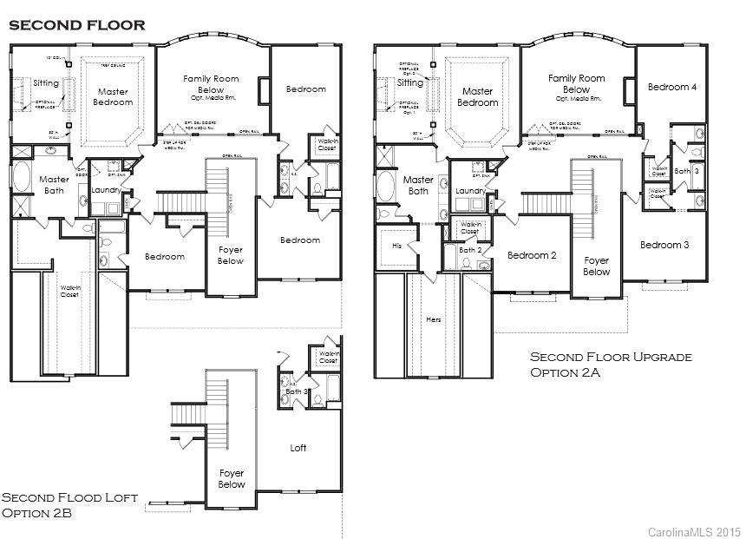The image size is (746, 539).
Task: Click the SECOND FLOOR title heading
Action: [76, 25]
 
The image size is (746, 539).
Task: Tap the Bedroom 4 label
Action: [671, 87]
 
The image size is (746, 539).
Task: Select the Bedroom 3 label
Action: [664, 245]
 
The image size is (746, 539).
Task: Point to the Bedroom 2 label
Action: [532, 255]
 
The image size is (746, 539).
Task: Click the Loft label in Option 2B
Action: [298, 448]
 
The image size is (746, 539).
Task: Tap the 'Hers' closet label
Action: [434, 319]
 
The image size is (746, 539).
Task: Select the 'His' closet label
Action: [396, 246]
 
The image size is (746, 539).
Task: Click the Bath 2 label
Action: [470, 250]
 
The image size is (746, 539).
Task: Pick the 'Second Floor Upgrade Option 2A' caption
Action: [611, 365]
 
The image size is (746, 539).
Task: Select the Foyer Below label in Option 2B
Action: [232, 479]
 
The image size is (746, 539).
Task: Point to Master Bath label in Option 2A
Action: [418, 185]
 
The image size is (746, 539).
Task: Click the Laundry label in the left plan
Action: [105, 189]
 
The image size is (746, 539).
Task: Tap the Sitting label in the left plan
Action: [46, 83]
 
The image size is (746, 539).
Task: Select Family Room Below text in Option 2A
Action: [576, 84]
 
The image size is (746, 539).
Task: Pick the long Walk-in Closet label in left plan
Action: [70, 291]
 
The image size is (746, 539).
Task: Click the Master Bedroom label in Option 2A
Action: [477, 96]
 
